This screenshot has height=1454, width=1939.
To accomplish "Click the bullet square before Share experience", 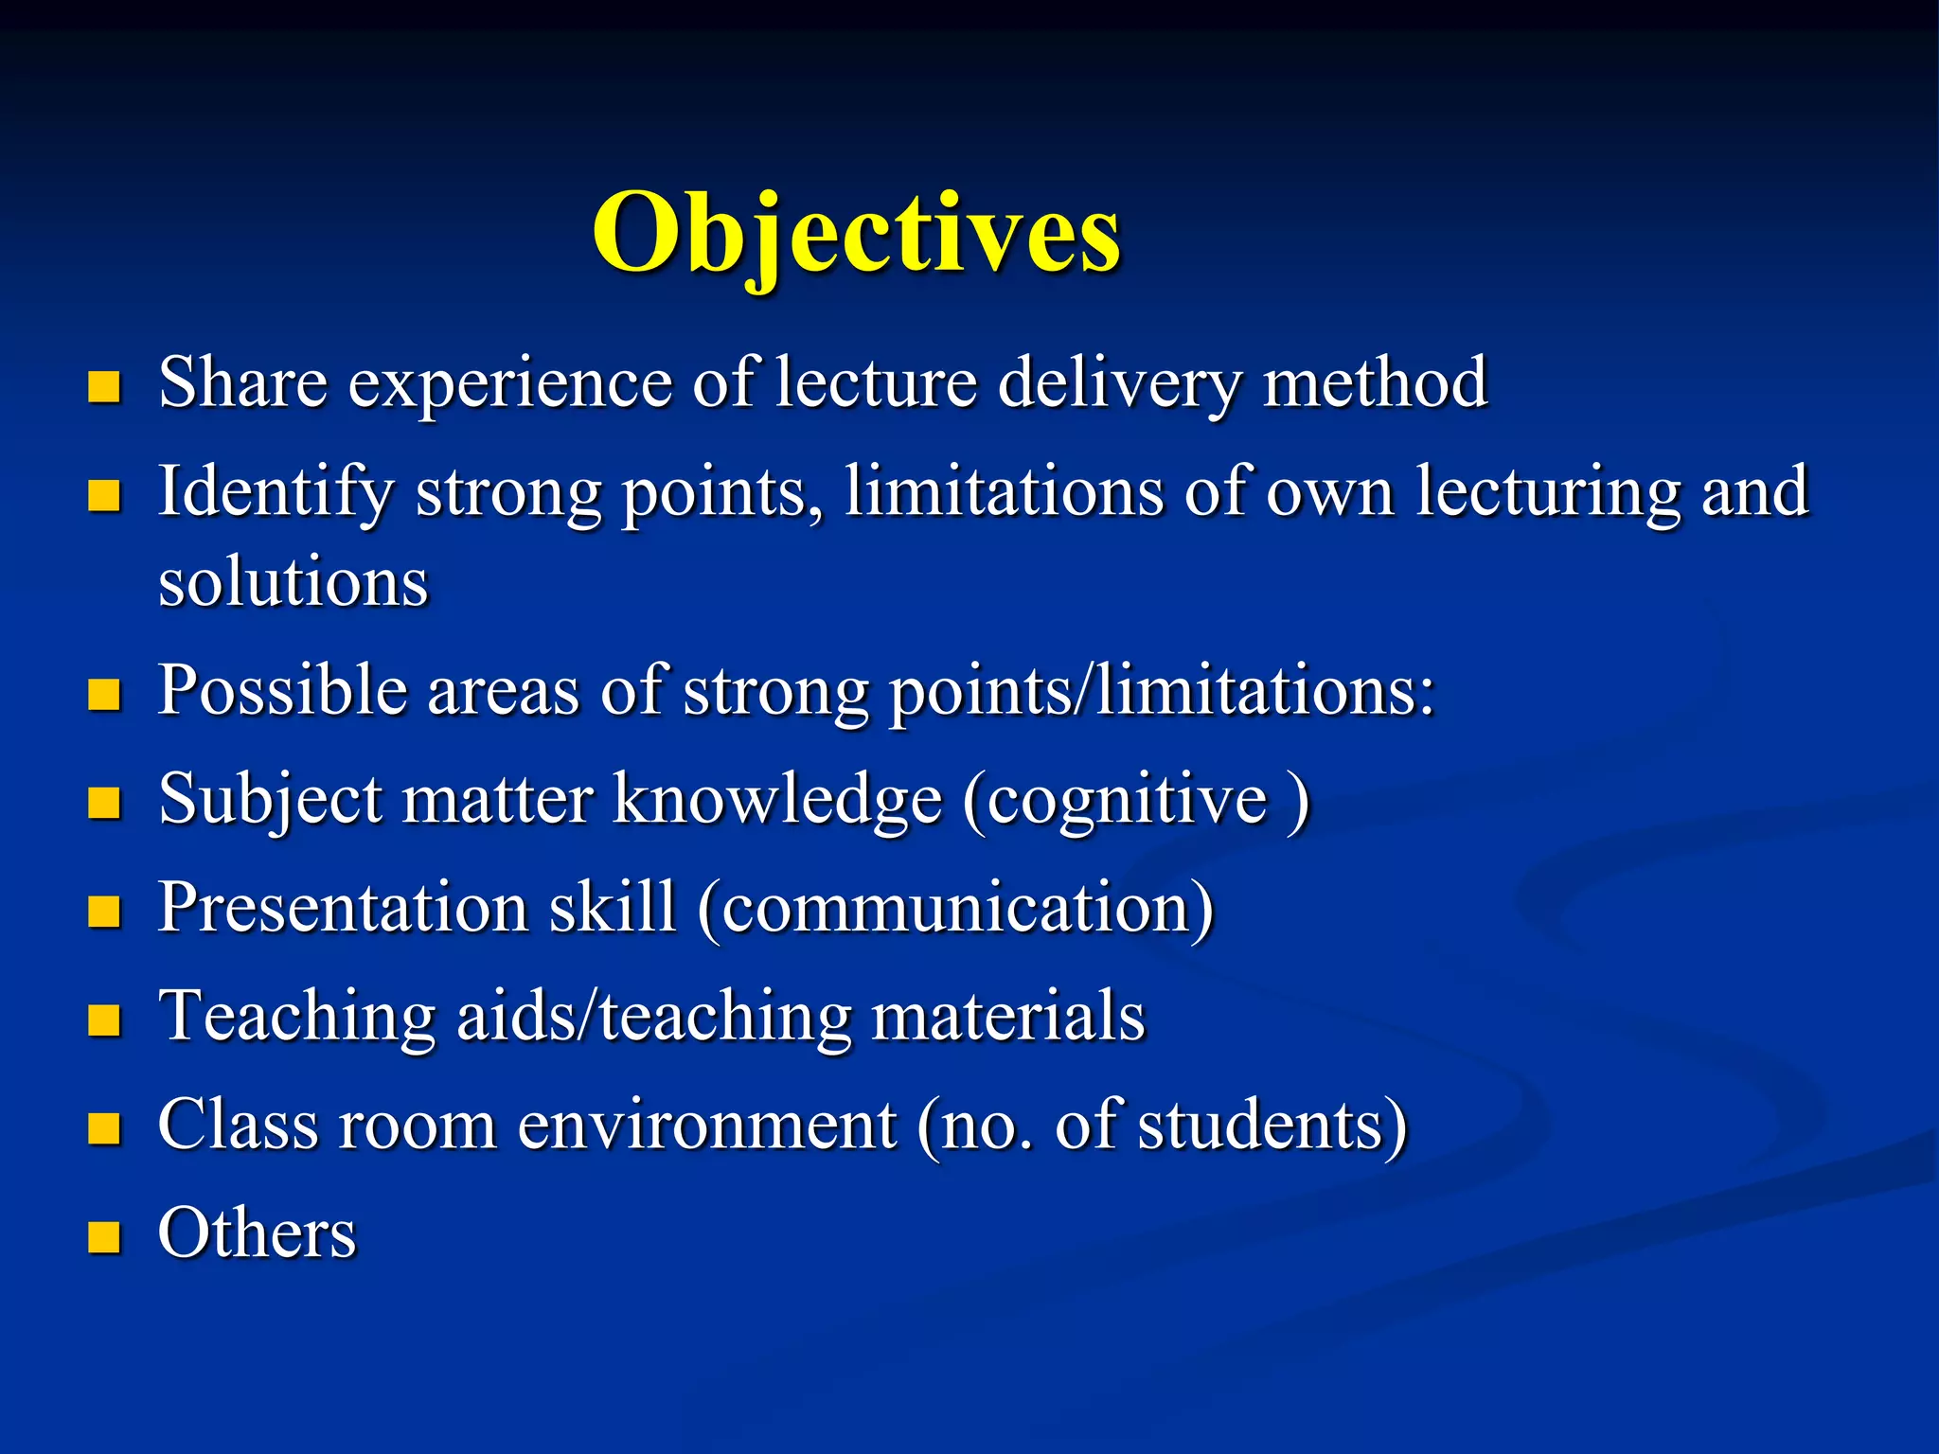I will point(104,386).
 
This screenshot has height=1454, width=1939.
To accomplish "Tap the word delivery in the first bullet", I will point(1119,384).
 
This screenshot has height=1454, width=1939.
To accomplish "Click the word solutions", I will point(294,581).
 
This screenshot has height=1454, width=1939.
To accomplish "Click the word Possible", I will point(282,691).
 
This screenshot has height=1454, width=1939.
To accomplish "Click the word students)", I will point(1272,1126).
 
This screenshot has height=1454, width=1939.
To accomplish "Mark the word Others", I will point(258,1234).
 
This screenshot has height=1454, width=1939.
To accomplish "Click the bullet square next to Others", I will point(104,1236).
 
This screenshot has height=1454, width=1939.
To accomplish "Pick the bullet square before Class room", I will point(104,1128).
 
